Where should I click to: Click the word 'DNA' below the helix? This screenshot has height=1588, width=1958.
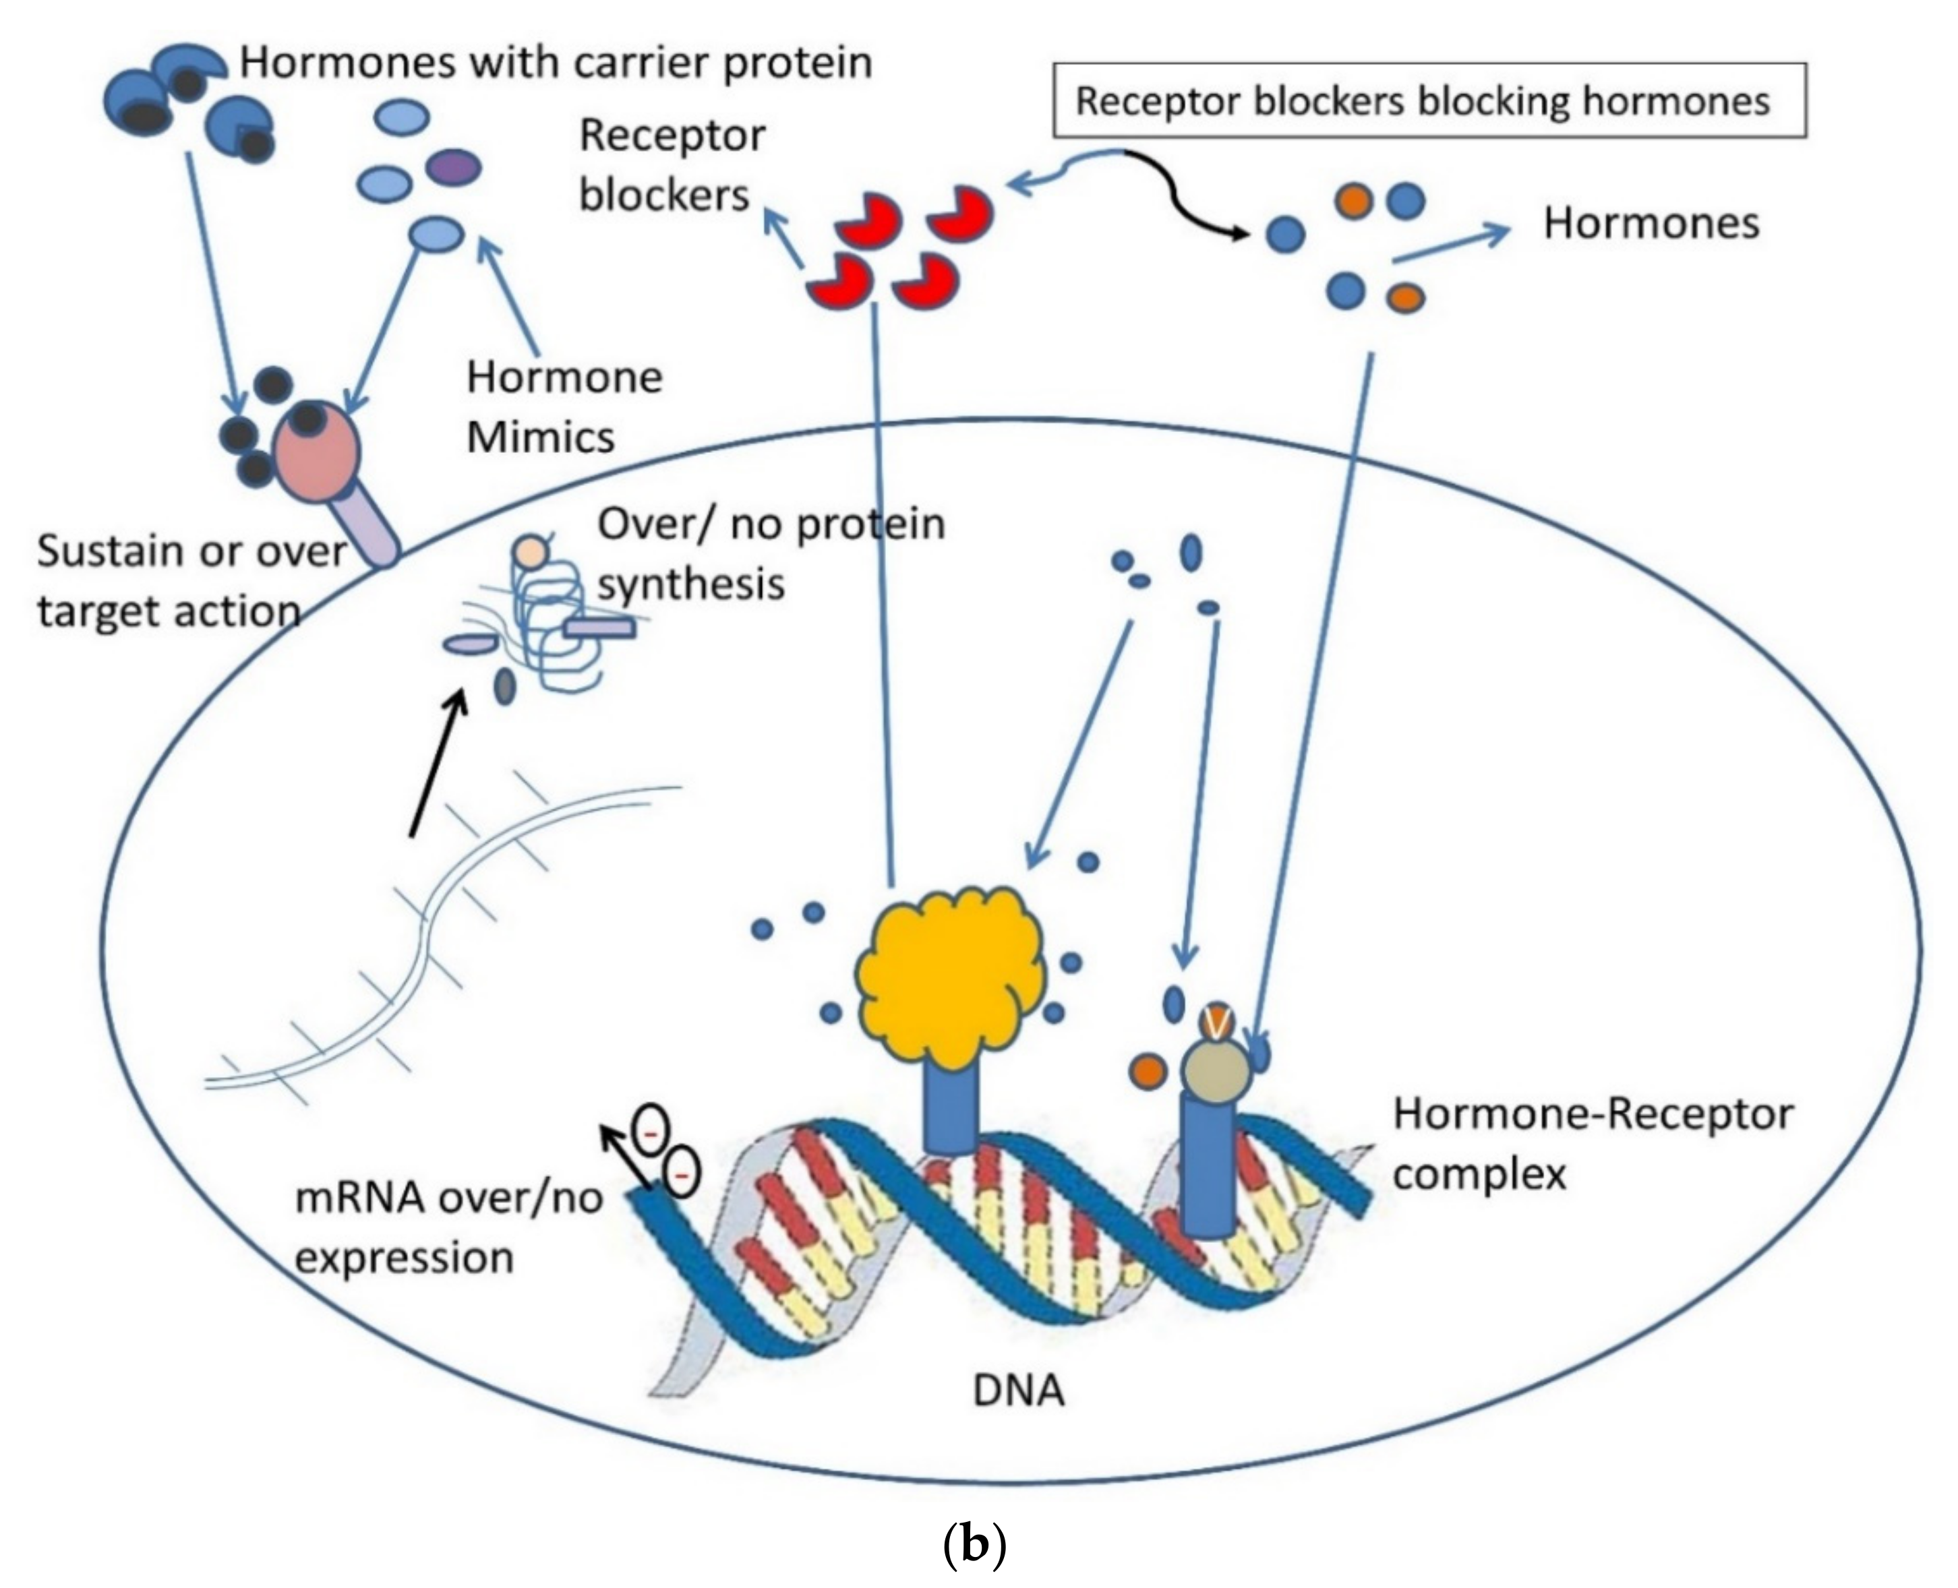[x=1018, y=1391]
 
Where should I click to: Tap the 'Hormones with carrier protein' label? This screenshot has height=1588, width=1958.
[x=556, y=62]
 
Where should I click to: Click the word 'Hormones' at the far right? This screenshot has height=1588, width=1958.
[x=1651, y=224]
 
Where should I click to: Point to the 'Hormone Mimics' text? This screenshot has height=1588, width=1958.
[x=563, y=407]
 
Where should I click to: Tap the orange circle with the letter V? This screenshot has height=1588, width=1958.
[x=1216, y=1024]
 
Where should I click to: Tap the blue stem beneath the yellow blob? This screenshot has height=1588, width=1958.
[x=951, y=1111]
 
